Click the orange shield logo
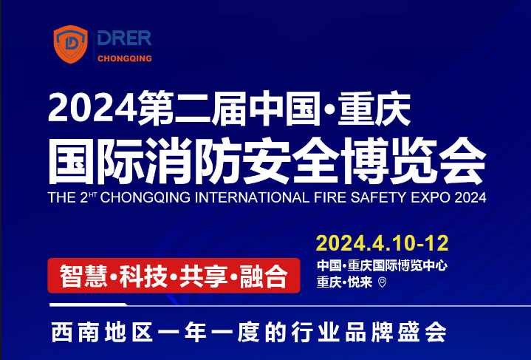[70, 44]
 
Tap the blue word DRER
[124, 38]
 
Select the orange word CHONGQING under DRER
[125, 58]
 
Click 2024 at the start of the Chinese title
[92, 108]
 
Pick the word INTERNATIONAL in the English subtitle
[253, 197]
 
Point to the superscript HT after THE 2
[93, 194]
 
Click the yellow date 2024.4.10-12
[383, 242]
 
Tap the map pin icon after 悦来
[382, 282]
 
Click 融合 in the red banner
[264, 276]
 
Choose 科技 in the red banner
[143, 276]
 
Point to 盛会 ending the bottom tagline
[422, 332]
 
